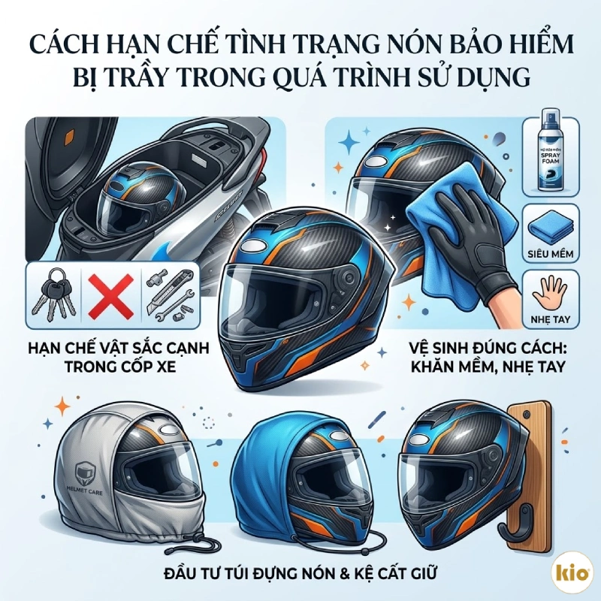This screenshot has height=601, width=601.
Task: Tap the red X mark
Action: click(x=110, y=293)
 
